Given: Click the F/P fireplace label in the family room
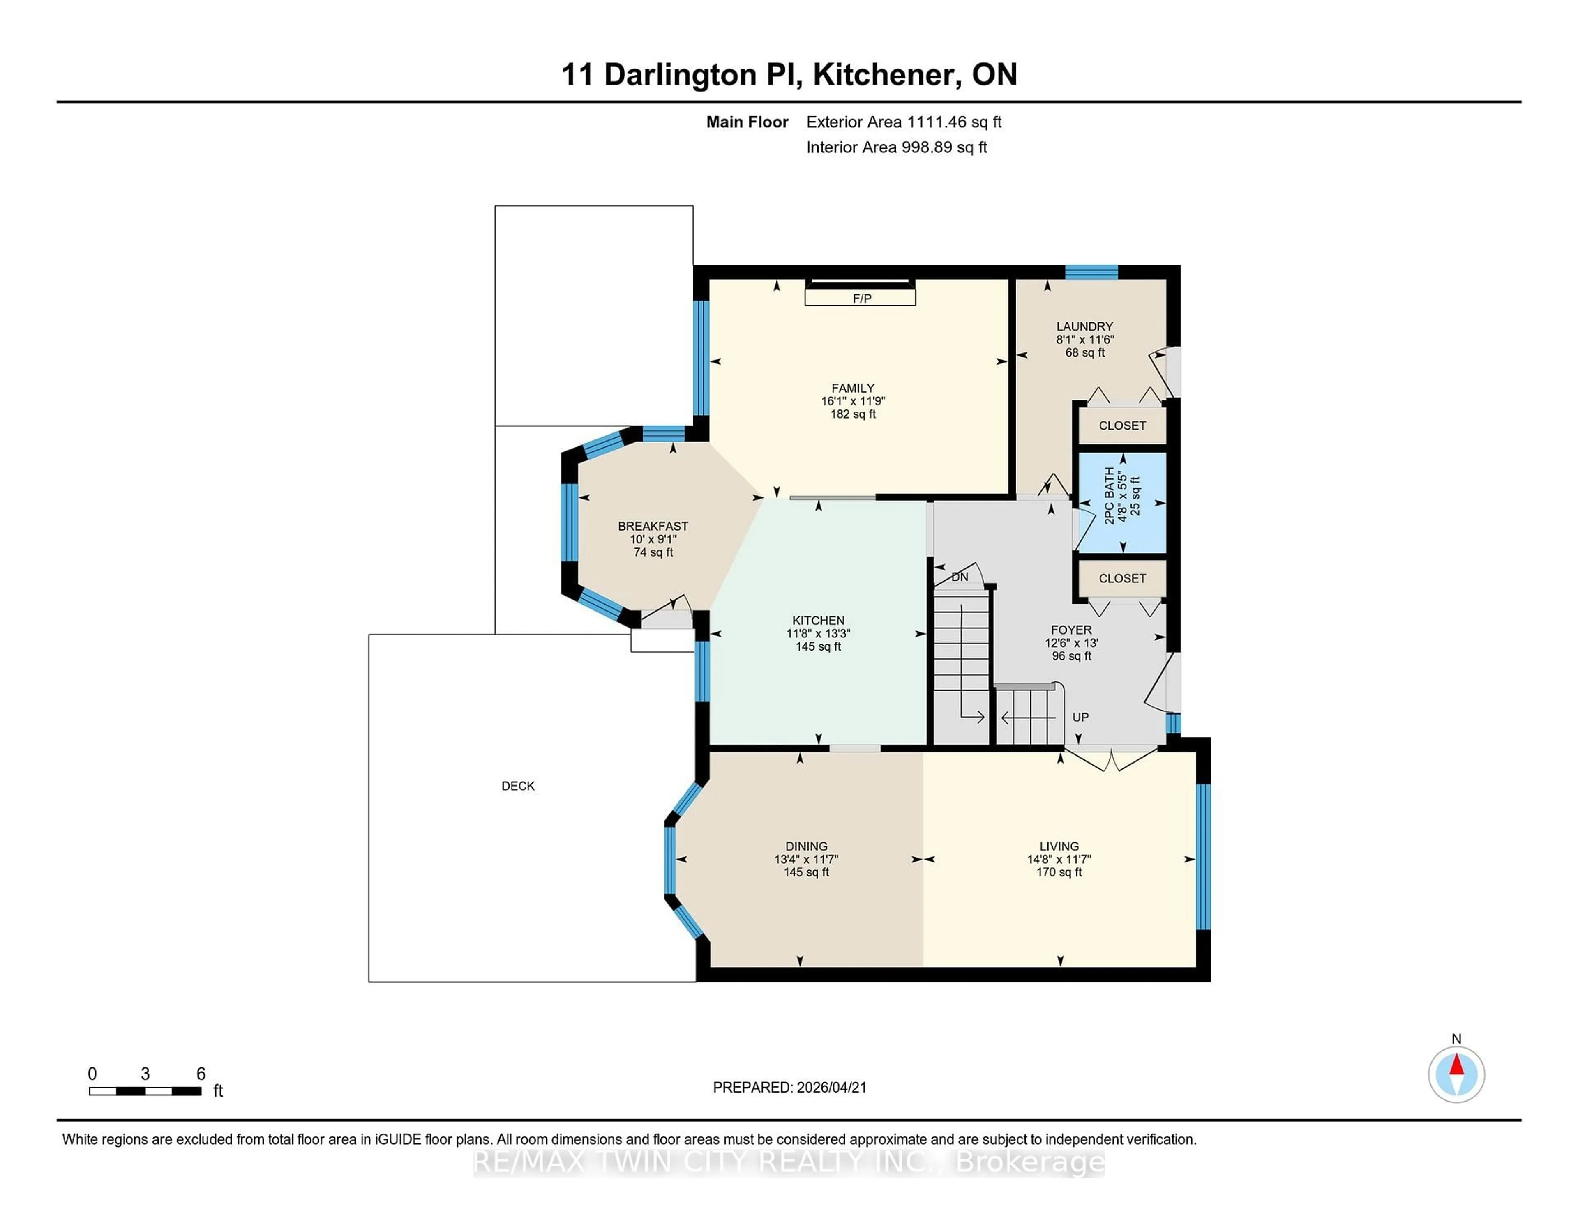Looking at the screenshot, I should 861,298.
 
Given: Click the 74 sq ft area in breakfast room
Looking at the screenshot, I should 653,552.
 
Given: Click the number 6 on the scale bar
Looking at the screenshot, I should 201,1074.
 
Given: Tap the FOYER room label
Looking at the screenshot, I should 1071,630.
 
